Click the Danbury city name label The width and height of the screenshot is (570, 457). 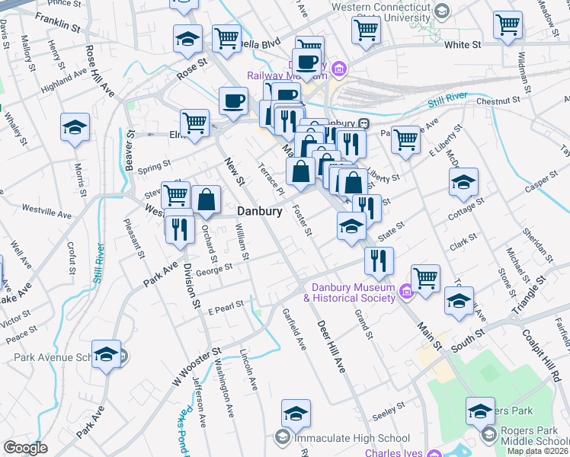pos(260,211)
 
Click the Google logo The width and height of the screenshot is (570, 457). pos(25,448)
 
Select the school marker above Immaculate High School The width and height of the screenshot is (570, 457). pos(296,414)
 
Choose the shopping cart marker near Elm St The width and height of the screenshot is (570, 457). pos(195,122)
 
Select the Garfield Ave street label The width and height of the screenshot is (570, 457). pos(293,328)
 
